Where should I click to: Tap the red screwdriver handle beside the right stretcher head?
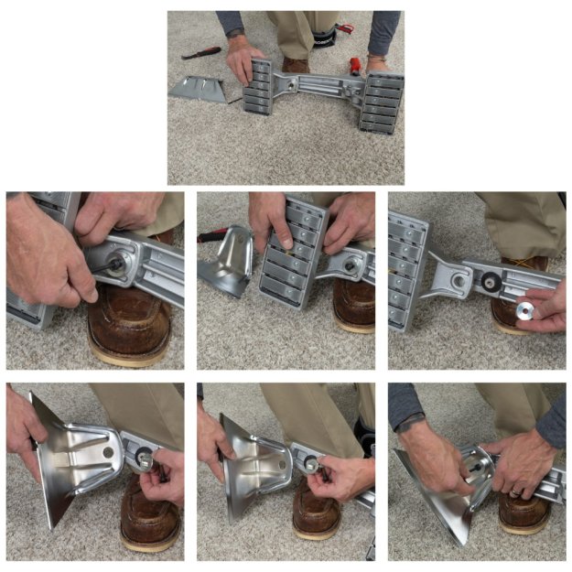point(354,65)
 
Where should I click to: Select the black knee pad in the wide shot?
point(321,38)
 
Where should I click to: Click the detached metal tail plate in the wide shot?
point(198,89)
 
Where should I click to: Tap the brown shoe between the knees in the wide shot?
point(296,64)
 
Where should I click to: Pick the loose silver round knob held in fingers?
point(525,309)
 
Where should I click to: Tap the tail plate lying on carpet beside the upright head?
point(224,261)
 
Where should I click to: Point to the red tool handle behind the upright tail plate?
point(210,236)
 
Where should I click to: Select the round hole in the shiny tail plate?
point(108,451)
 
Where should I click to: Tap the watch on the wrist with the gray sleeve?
point(412,423)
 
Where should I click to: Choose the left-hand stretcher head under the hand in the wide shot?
point(260,87)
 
